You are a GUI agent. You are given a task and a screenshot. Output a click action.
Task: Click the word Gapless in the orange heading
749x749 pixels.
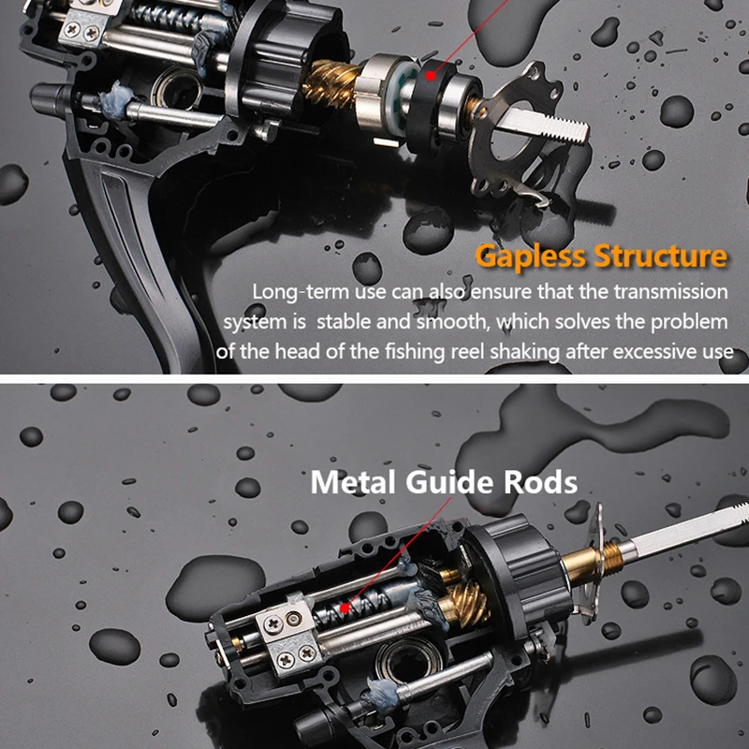pyautogui.click(x=528, y=256)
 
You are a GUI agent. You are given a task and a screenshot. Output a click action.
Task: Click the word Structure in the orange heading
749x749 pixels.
pyautogui.click(x=658, y=256)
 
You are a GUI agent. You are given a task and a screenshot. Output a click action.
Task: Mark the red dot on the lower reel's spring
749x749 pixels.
pyautogui.click(x=345, y=608)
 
